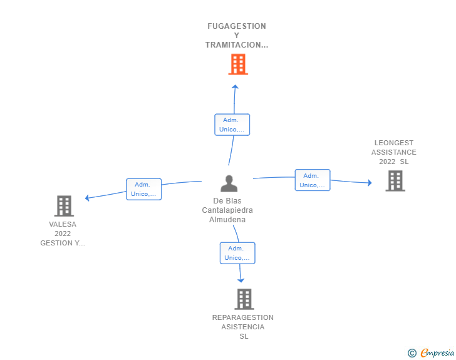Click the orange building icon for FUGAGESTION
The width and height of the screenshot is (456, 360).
tap(238, 64)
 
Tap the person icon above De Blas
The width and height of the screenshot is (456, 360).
tap(229, 183)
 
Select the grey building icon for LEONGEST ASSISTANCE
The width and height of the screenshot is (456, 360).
tap(395, 181)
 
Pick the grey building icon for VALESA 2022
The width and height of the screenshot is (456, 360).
tap(64, 206)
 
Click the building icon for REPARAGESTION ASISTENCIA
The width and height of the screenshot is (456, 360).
tap(244, 299)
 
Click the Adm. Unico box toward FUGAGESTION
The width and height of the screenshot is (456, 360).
tap(232, 125)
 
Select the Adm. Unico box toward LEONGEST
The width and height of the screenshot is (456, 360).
tap(313, 180)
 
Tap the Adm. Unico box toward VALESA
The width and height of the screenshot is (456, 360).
tap(143, 189)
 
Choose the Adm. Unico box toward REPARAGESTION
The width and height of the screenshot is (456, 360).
tap(237, 253)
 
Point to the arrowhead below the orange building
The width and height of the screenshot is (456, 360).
tap(235, 86)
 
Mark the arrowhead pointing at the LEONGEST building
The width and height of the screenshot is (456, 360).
tap(370, 183)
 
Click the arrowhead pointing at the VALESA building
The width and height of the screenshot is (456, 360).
tap(87, 198)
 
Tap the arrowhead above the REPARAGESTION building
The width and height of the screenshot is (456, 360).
tap(241, 280)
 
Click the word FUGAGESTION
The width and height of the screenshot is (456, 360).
tap(237, 26)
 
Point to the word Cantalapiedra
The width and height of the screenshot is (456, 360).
tap(227, 210)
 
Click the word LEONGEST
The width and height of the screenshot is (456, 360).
tap(394, 143)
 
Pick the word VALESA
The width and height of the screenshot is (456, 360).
tap(63, 225)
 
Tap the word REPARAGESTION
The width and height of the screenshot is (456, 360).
tap(243, 317)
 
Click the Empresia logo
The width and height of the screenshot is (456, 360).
tap(431, 353)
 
